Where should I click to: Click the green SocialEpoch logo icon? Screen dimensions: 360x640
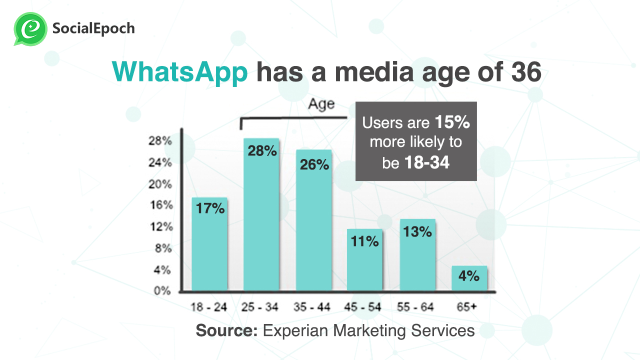(x=30, y=28)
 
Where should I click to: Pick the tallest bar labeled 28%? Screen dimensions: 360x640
(x=261, y=215)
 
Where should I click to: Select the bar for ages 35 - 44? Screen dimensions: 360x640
(x=313, y=220)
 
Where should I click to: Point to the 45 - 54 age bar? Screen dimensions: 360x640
(x=364, y=260)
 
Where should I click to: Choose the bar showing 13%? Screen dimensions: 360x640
(x=417, y=255)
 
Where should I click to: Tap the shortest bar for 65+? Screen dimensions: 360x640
(x=469, y=278)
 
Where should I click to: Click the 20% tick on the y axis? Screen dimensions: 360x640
(x=160, y=184)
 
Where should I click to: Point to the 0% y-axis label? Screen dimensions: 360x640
(x=162, y=291)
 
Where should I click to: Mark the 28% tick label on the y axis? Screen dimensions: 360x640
(x=160, y=141)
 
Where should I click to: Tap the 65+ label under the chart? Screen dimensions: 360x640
(x=466, y=307)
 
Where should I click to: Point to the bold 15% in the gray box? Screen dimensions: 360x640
(x=452, y=122)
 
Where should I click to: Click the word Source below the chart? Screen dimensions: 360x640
(x=226, y=330)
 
